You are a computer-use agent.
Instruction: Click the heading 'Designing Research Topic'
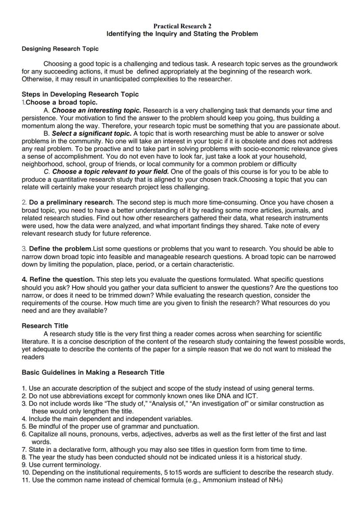point(60,49)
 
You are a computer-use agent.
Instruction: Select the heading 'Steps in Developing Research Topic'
point(80,94)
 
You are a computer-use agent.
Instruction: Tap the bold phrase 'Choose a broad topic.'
point(61,102)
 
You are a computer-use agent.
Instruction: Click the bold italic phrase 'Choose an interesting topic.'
point(97,111)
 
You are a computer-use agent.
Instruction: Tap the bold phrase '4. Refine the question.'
point(58,279)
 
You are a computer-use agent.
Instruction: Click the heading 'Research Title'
point(45,325)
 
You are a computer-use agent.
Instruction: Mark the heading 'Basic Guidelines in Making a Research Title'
point(93,372)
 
